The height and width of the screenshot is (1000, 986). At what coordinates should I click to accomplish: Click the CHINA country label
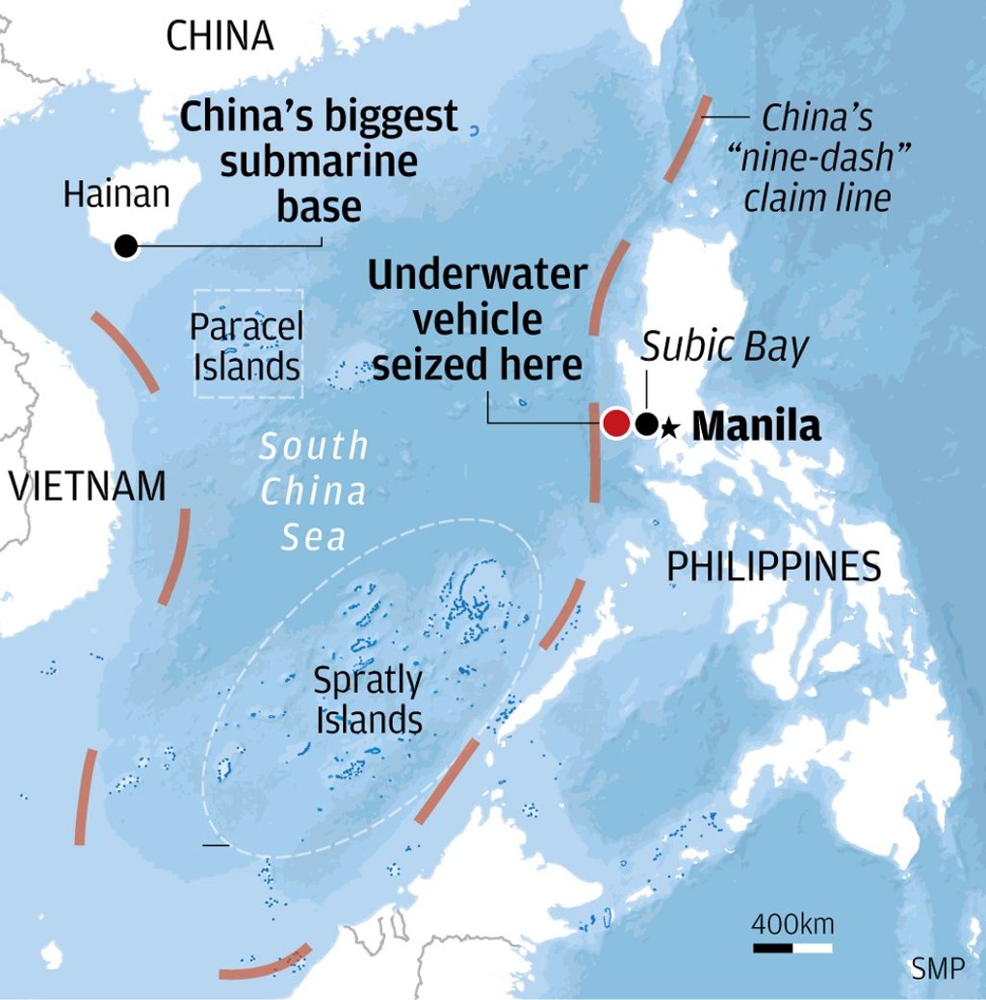click(220, 37)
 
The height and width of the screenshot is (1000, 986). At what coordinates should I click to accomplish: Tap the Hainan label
click(116, 194)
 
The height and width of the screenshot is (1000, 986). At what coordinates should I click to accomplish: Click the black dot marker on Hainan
click(125, 246)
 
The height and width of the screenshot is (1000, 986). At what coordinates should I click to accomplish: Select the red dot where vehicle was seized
click(616, 423)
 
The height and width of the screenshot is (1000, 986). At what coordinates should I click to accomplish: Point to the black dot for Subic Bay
click(648, 423)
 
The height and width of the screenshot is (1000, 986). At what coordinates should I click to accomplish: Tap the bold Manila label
click(757, 425)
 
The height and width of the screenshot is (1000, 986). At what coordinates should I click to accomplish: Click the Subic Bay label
click(724, 347)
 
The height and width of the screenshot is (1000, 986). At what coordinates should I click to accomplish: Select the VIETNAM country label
click(88, 486)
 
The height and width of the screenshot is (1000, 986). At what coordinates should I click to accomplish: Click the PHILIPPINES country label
click(774, 567)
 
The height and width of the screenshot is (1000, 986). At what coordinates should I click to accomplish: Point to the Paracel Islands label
click(247, 346)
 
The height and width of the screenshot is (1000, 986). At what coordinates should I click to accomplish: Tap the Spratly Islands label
click(368, 701)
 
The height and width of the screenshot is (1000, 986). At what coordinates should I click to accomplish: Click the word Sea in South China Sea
click(313, 537)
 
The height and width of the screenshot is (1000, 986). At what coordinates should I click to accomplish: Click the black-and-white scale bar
click(792, 948)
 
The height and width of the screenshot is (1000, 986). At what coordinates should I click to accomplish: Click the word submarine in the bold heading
click(319, 161)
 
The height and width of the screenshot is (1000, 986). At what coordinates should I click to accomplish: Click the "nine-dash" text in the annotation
click(825, 159)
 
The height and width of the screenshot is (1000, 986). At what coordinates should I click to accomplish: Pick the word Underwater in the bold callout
click(478, 276)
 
